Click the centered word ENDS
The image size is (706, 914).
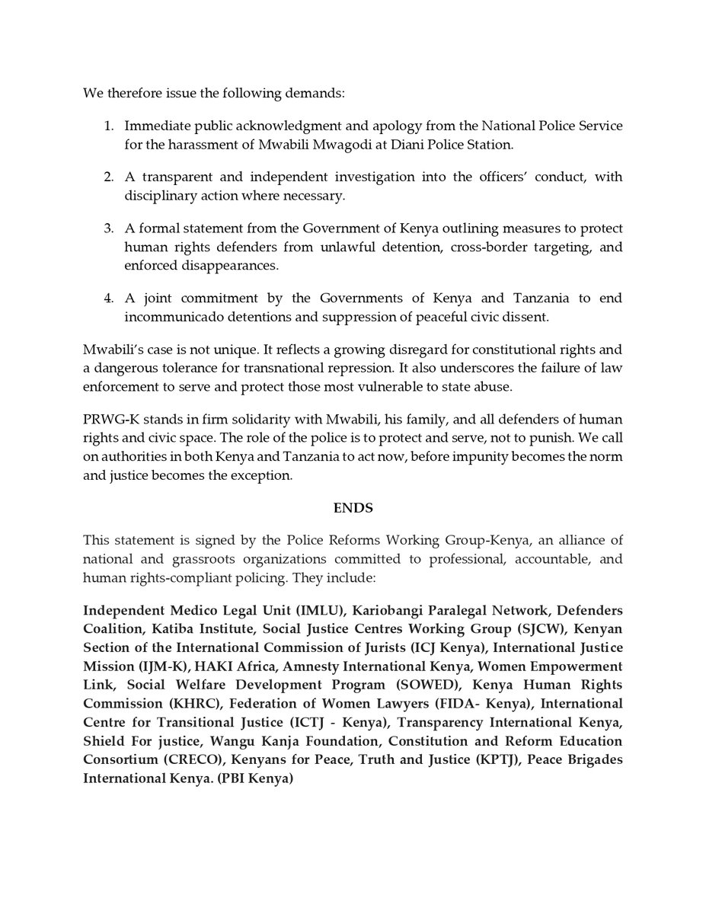pos(353,507)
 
